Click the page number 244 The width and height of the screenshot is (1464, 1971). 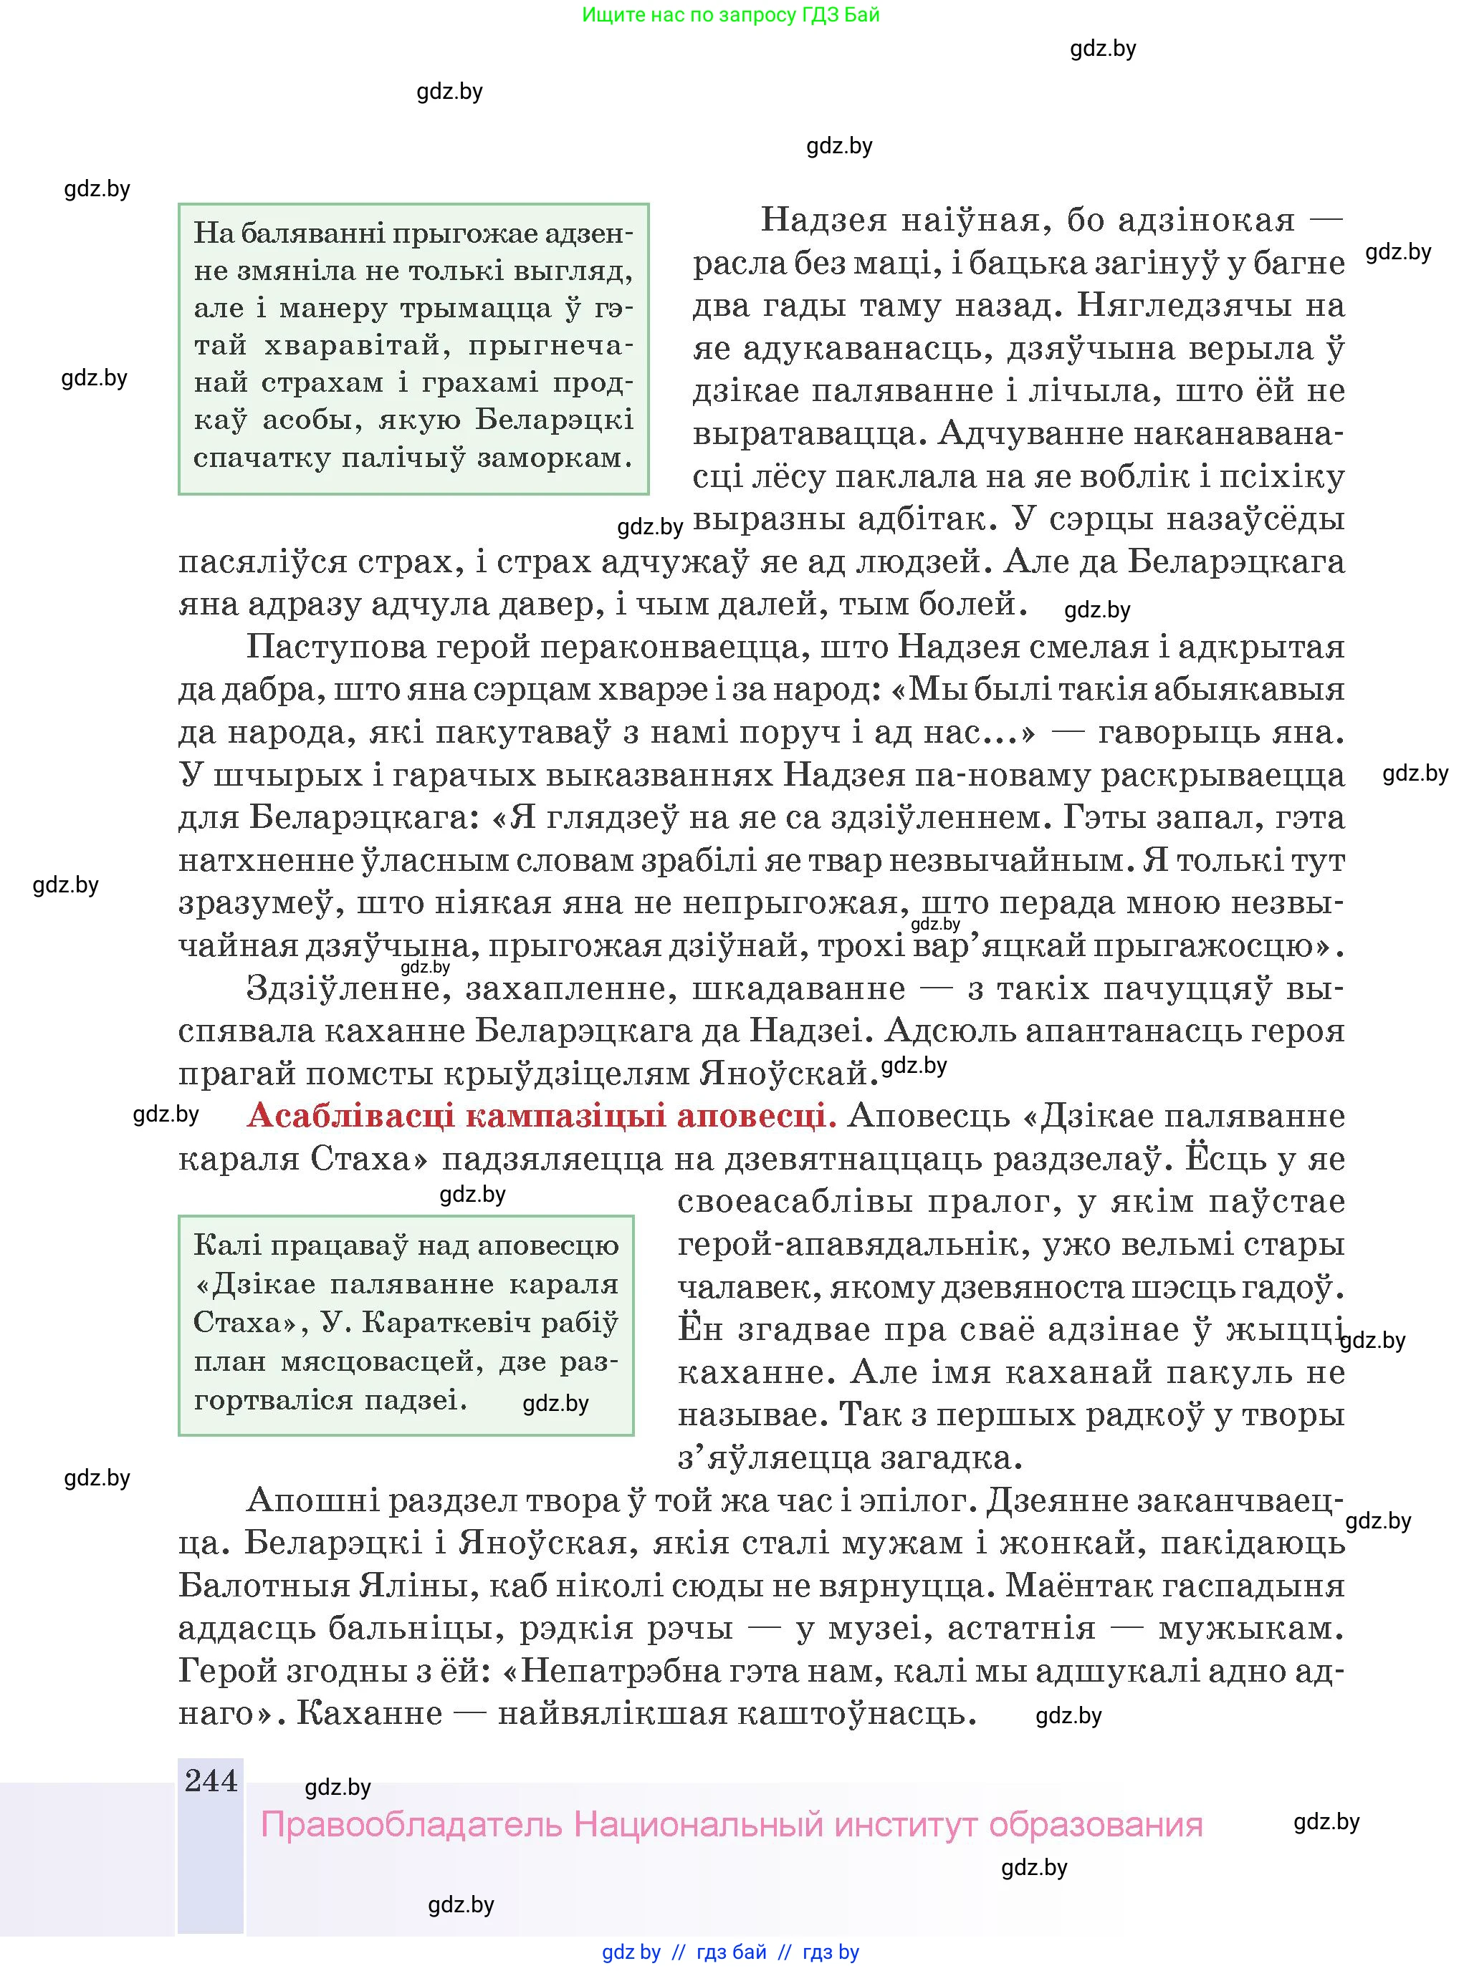point(211,1780)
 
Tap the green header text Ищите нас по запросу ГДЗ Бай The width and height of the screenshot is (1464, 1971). point(730,14)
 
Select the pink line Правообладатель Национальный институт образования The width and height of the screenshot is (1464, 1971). point(731,1825)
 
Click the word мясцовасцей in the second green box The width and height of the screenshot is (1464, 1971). point(382,1361)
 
